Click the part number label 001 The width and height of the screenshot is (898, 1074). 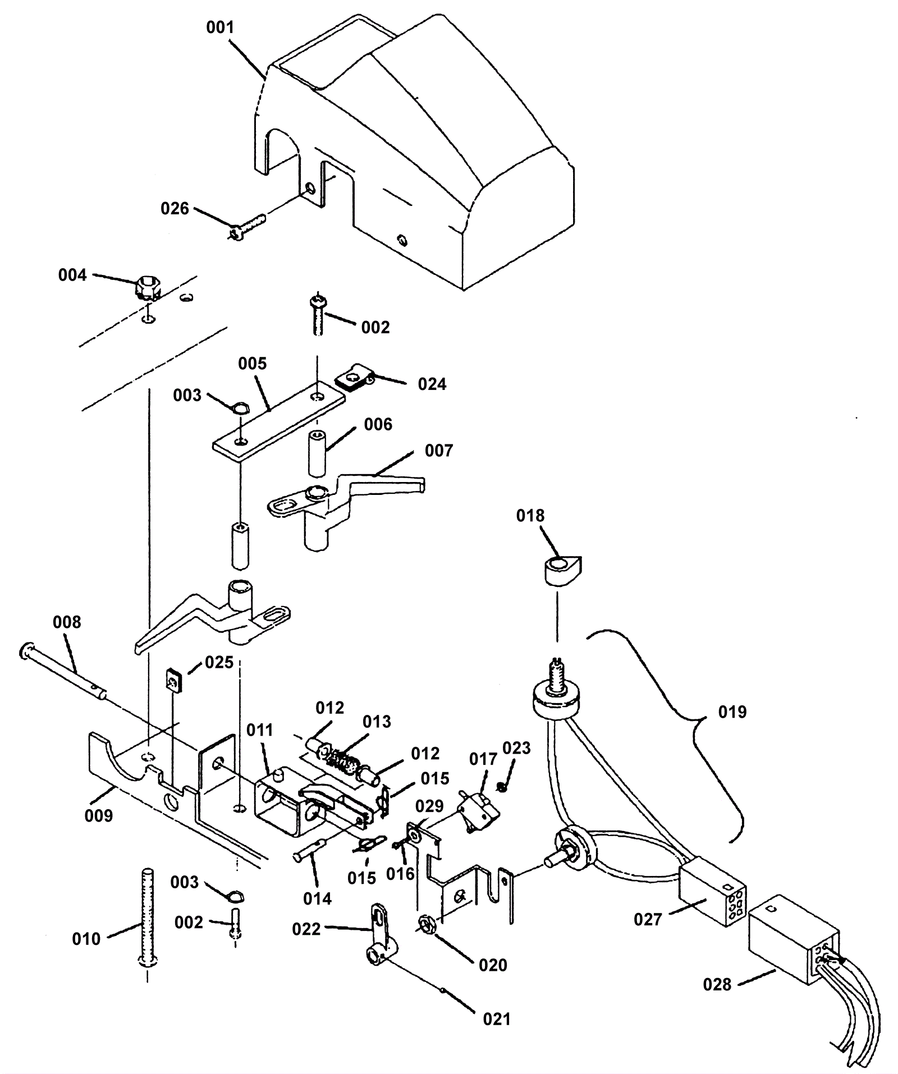point(220,27)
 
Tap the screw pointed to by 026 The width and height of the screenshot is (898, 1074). point(247,228)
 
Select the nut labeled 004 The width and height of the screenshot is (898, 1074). point(147,288)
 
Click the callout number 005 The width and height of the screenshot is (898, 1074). point(253,364)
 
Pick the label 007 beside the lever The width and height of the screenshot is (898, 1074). point(439,451)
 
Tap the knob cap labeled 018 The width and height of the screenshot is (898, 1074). point(562,570)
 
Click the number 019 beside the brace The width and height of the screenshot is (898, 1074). point(733,712)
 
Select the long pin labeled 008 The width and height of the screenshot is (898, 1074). point(63,672)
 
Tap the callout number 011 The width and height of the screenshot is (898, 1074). point(260,730)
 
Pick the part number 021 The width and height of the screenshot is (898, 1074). point(497,1018)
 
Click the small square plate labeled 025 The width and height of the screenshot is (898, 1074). point(175,682)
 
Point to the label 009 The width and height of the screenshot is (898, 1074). point(99,816)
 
